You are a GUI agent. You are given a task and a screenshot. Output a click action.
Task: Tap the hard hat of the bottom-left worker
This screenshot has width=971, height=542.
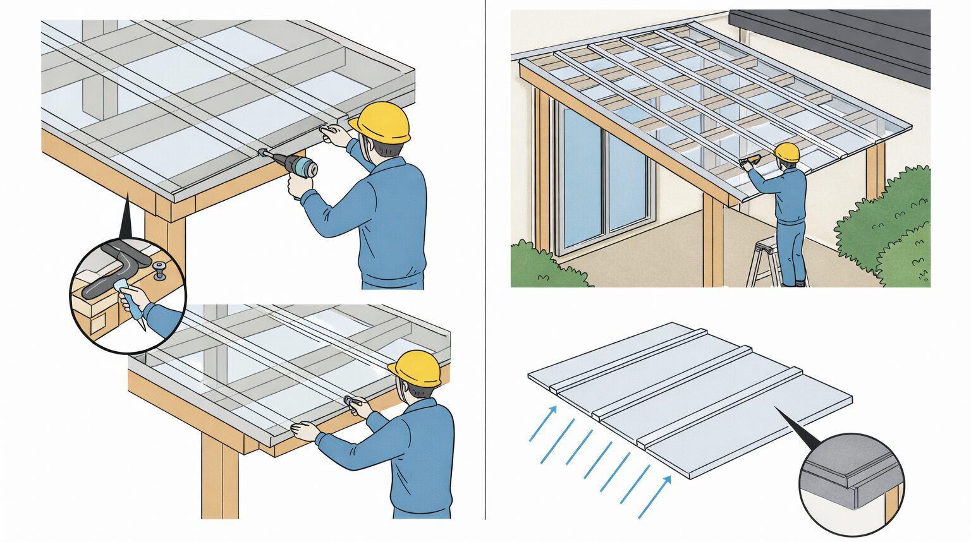[415, 368]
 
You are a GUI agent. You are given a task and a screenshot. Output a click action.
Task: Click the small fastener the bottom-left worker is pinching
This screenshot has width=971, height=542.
[349, 400]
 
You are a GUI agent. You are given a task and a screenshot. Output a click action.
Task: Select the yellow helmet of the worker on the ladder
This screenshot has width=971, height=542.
[787, 152]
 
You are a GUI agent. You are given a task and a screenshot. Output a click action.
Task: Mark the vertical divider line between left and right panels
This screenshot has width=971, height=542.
[485, 271]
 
